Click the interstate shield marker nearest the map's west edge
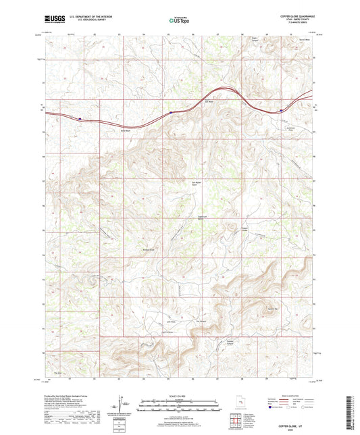point(80,118)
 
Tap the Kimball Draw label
point(149,249)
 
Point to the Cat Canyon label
point(201,322)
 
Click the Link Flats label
point(172,322)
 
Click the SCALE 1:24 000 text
point(180,394)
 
